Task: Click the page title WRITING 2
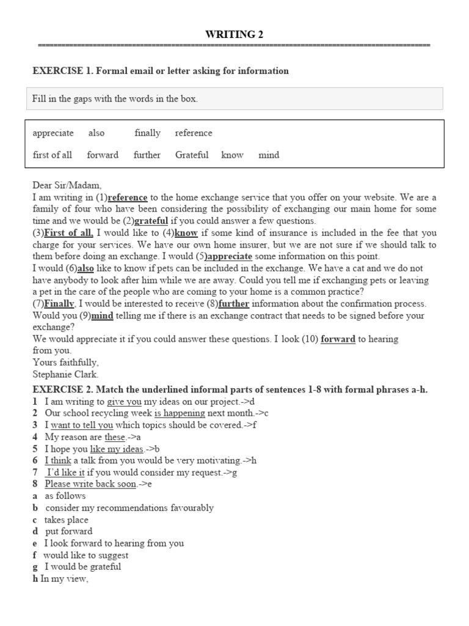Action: pyautogui.click(x=234, y=34)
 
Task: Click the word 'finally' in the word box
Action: pyautogui.click(x=147, y=133)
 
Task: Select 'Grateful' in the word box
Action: pyautogui.click(x=192, y=155)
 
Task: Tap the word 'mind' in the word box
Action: pyautogui.click(x=269, y=155)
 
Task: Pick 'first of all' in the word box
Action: pyautogui.click(x=53, y=155)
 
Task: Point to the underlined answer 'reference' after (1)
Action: pyautogui.click(x=128, y=197)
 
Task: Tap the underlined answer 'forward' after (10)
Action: pyautogui.click(x=338, y=339)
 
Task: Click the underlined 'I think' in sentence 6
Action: pyautogui.click(x=58, y=460)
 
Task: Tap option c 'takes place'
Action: pyautogui.click(x=67, y=520)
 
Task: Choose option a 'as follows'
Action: pyautogui.click(x=65, y=496)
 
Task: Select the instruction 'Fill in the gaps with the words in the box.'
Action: pyautogui.click(x=115, y=98)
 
